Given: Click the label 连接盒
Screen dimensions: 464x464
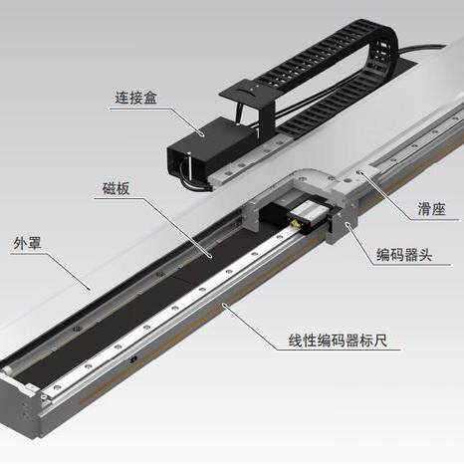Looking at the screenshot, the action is click(135, 98).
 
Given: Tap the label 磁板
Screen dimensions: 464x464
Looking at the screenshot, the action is click(116, 188).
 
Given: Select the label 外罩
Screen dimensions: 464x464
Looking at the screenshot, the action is click(27, 243).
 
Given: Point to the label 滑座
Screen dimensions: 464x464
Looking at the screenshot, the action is click(431, 209).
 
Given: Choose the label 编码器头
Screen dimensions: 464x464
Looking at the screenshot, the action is click(404, 255).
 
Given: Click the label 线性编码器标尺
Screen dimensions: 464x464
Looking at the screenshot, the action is click(338, 341).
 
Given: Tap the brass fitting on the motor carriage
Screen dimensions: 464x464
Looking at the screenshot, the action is click(294, 223).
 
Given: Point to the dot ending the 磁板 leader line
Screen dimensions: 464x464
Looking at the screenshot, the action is click(210, 256).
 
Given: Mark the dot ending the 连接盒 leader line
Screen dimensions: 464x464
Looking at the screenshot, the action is click(202, 134).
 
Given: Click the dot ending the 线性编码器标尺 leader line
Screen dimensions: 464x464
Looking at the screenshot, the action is click(225, 304).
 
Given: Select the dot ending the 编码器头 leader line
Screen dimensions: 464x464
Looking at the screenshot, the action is click(348, 224).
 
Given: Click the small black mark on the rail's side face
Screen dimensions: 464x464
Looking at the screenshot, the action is click(133, 358).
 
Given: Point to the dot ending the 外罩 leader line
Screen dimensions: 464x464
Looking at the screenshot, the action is click(89, 288).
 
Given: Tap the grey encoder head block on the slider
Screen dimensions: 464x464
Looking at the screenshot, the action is click(341, 226).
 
